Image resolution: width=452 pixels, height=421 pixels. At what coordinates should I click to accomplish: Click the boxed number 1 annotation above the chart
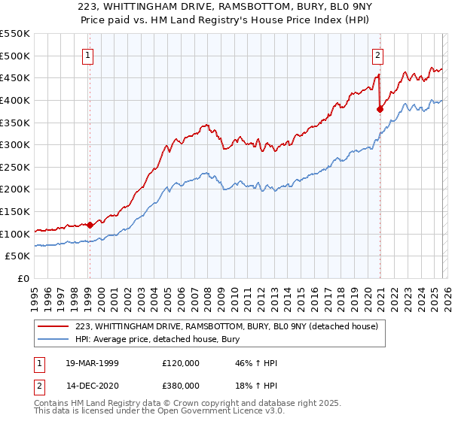pyautogui.click(x=89, y=54)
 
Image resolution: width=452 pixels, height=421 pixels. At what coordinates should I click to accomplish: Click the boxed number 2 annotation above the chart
pyautogui.click(x=377, y=54)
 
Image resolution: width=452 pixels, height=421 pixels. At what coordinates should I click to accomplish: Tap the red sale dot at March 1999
pyautogui.click(x=90, y=224)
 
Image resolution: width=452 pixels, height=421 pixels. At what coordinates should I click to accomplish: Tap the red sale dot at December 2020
pyautogui.click(x=380, y=109)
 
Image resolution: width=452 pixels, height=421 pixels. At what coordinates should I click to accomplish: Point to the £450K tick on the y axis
pyautogui.click(x=16, y=77)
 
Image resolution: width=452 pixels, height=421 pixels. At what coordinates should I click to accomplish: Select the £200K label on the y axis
pyautogui.click(x=16, y=189)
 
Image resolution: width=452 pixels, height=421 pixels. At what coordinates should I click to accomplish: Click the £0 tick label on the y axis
pyautogui.click(x=23, y=278)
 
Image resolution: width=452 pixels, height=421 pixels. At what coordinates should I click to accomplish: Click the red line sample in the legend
pyautogui.click(x=54, y=326)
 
